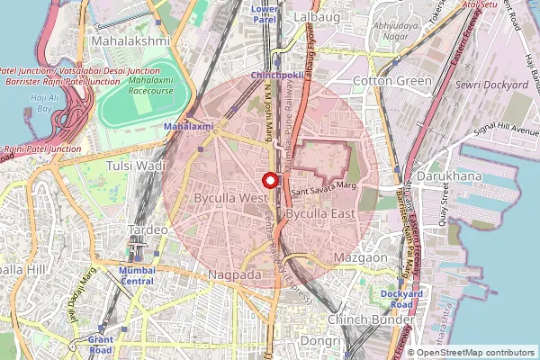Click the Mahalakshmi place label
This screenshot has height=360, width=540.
[x=130, y=41]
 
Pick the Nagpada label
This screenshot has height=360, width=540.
[x=234, y=274]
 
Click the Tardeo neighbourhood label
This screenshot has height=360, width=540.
[x=148, y=229]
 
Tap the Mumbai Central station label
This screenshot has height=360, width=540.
[x=137, y=274]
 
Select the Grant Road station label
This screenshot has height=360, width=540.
[x=100, y=345]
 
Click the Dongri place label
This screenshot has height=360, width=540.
[x=320, y=341]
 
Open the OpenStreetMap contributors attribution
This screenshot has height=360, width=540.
[x=475, y=353]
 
